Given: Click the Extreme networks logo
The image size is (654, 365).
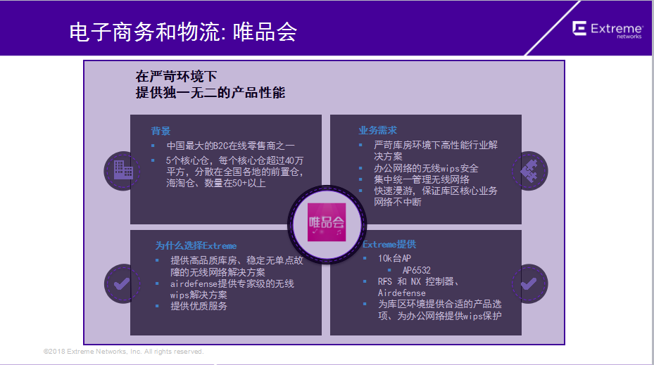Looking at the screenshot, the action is coord(608,30).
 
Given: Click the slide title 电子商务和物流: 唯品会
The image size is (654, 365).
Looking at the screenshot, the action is coord(183,32).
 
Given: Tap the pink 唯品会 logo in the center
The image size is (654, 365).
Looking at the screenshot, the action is coord(327,222).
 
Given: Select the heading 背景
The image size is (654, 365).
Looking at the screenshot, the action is coord(161,131).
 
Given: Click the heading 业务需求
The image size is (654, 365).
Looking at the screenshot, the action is coord(377,130).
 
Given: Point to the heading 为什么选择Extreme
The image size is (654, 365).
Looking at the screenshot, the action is coord(196,245).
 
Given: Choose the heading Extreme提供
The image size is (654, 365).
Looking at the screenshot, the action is coord(389,244).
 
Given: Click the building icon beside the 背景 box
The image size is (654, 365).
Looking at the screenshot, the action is coord(123,170).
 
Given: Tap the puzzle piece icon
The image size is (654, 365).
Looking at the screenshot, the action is coord(529,171).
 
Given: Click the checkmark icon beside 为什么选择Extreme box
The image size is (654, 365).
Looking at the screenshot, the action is coord(122,284).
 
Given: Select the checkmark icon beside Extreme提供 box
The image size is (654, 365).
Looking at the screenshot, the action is coord(529,284).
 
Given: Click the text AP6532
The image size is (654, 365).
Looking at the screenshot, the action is coord(416,270).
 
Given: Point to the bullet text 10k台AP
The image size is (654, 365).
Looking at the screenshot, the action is coord(394,258).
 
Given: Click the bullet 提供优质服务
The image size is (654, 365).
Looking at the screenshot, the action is coord(199,306).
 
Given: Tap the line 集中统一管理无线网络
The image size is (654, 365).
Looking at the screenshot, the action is coord(421,179).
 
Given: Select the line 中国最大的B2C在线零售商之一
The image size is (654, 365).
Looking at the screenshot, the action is coord(230,146).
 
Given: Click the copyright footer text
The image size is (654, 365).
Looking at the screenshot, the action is coord(123,352).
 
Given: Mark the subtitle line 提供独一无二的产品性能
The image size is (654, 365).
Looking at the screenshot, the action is coord(210,93).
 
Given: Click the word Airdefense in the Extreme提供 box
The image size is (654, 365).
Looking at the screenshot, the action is coord(402,293).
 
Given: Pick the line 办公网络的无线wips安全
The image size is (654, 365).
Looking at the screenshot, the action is coord(426,168).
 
